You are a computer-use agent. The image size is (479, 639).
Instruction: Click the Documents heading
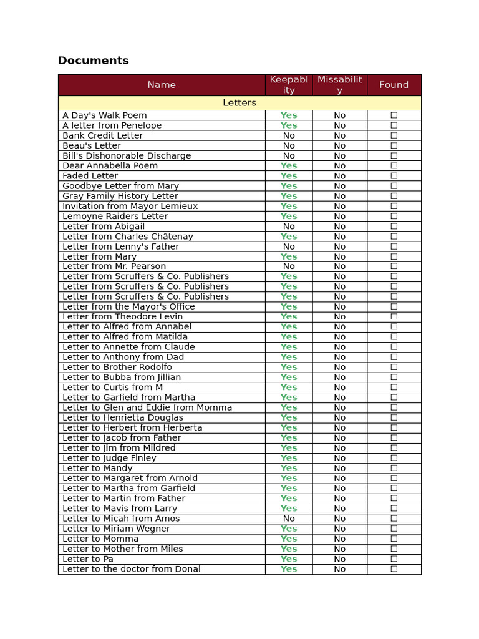(x=94, y=61)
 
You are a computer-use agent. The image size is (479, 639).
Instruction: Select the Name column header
(x=162, y=85)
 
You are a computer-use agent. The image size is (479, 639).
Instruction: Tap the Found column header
(x=394, y=85)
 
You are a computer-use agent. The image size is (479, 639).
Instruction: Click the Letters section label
(x=239, y=103)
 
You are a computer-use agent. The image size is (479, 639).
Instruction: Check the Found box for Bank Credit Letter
(x=394, y=135)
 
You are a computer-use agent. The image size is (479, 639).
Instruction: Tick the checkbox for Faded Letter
(x=394, y=176)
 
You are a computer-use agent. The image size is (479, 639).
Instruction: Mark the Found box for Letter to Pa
(x=394, y=559)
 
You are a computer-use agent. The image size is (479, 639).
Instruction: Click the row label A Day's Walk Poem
(x=105, y=115)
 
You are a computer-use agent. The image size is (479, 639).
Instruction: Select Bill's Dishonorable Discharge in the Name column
(x=127, y=156)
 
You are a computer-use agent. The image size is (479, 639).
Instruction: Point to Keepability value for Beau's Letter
(x=289, y=146)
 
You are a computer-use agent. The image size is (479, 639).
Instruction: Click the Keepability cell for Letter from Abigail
(x=289, y=227)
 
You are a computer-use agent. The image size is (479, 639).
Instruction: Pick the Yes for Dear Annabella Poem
(x=289, y=166)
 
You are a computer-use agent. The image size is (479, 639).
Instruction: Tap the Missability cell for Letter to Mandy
(x=339, y=468)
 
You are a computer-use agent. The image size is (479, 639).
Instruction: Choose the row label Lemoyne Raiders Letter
(x=115, y=217)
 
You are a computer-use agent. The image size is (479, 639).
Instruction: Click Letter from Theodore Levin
(x=123, y=317)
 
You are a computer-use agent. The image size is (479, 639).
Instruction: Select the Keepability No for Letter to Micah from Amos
(x=289, y=519)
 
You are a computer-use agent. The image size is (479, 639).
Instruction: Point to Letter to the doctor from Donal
(x=132, y=569)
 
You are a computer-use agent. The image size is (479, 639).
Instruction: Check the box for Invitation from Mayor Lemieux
(x=394, y=206)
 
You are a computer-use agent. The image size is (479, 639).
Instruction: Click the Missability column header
(x=339, y=85)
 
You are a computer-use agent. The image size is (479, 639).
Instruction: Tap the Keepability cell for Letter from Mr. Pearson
(x=289, y=266)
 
